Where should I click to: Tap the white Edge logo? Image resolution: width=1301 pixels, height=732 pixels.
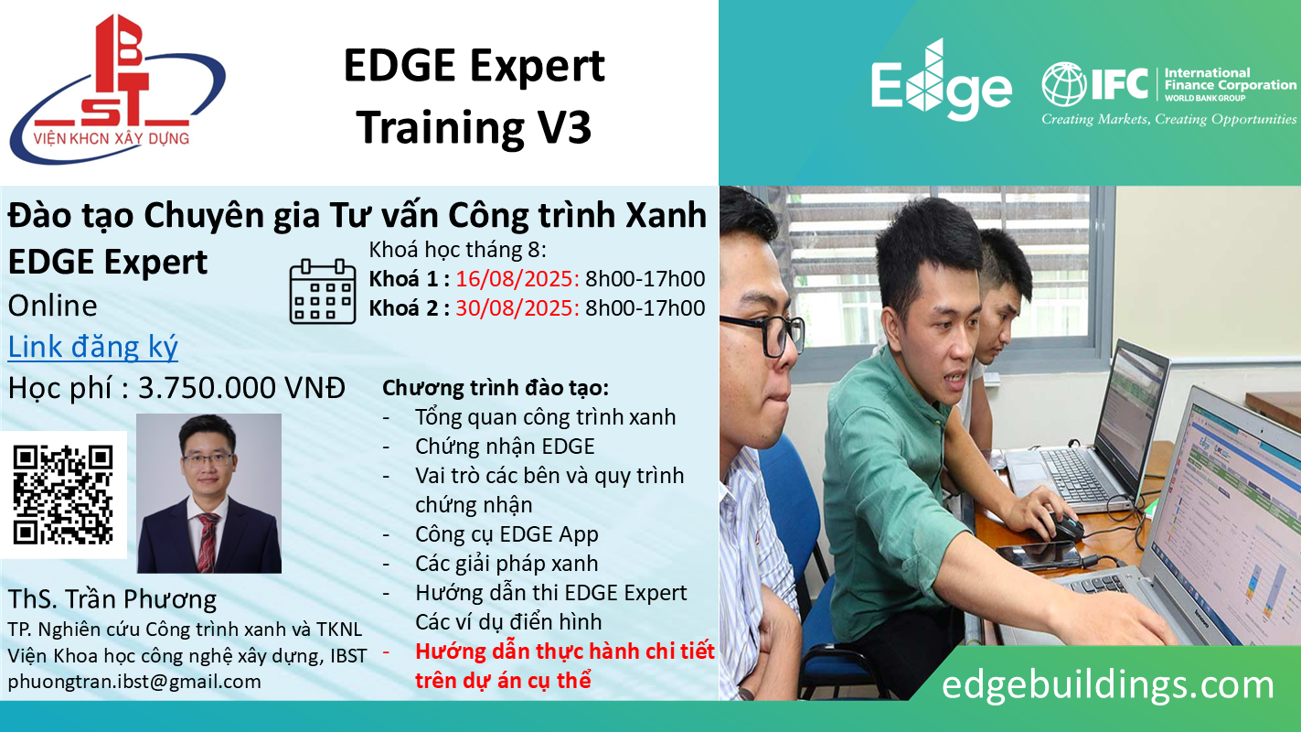tap(942, 81)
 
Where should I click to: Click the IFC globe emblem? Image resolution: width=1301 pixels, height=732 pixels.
tap(1063, 84)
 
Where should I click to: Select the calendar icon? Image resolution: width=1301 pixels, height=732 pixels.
tap(323, 291)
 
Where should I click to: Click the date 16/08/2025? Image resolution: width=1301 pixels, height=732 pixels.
tap(517, 279)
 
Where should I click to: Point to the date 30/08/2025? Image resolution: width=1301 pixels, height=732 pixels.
tap(517, 308)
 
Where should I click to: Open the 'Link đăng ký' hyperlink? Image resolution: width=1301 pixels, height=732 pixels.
tap(93, 347)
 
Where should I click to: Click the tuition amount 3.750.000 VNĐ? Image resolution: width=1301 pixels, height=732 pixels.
tap(241, 388)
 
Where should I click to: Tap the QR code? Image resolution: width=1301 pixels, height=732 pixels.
tap(63, 495)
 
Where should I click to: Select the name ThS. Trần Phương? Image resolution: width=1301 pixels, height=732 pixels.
tap(112, 599)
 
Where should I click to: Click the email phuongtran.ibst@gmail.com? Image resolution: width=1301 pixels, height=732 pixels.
tap(134, 682)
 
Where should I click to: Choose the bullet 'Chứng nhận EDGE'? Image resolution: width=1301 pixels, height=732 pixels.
tap(505, 447)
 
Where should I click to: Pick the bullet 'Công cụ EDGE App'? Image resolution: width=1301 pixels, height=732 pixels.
tap(507, 534)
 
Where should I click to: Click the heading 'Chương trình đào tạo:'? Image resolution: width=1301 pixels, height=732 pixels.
tap(496, 388)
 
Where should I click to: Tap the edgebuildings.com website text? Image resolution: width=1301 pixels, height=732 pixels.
tap(1107, 684)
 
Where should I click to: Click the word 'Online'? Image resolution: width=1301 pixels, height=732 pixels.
tap(52, 306)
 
